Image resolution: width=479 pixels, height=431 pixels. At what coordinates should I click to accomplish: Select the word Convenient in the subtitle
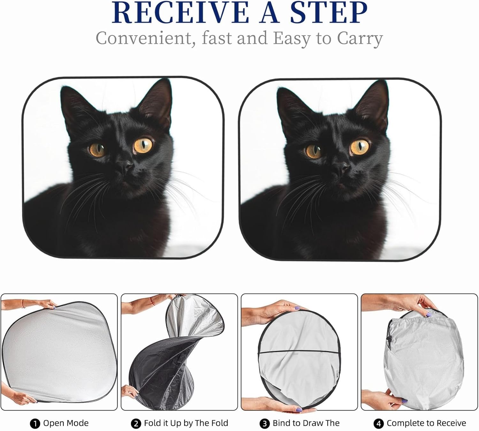click(x=145, y=38)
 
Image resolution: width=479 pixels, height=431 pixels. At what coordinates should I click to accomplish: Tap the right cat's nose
click(x=341, y=167)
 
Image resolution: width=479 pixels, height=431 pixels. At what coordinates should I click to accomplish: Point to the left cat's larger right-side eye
click(x=143, y=145)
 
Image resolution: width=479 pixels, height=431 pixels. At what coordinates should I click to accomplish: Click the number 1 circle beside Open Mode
click(x=34, y=424)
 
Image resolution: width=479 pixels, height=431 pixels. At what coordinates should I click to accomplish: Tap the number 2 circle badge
click(x=136, y=424)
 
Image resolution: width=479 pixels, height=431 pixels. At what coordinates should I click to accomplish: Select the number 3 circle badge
click(x=264, y=424)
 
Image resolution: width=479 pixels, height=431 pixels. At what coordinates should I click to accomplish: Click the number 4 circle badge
click(x=378, y=424)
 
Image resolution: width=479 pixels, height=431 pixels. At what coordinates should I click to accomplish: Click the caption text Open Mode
click(x=66, y=423)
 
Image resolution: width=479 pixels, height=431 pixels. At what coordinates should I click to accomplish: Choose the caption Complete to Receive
click(x=426, y=423)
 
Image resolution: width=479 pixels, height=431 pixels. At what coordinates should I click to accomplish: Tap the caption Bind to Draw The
click(x=306, y=423)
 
